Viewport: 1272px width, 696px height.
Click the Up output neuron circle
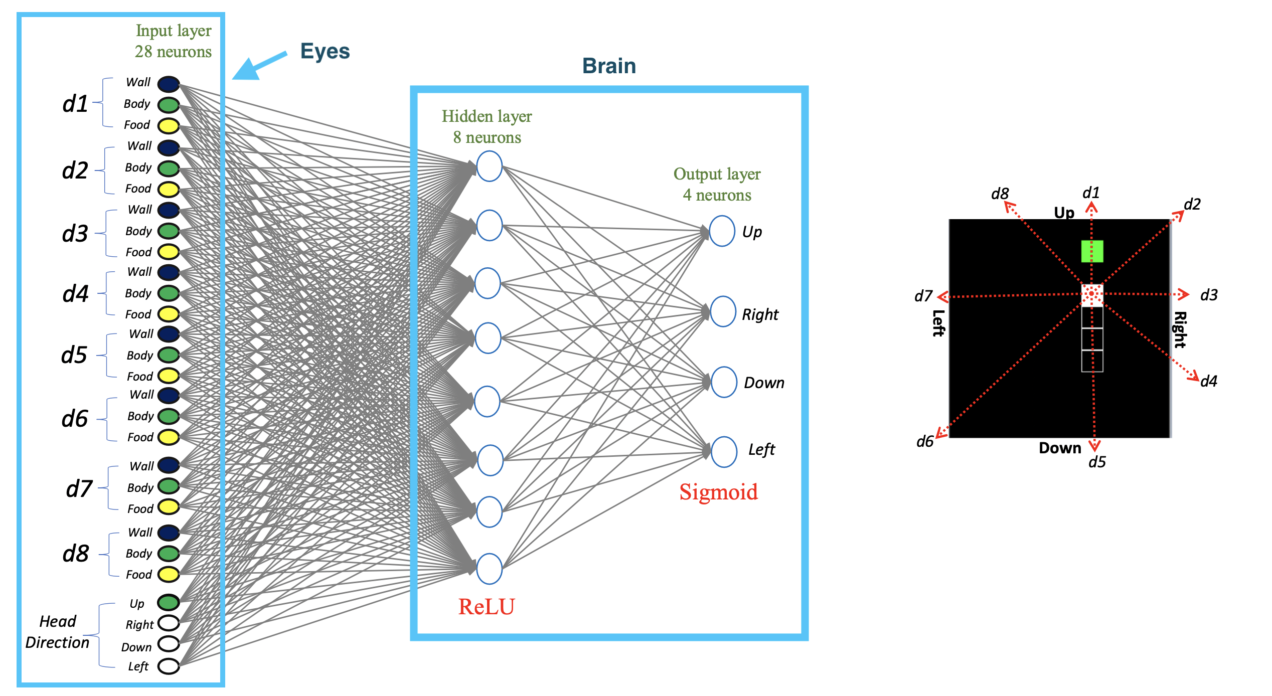[x=722, y=231]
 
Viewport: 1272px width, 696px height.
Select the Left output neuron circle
[x=723, y=452]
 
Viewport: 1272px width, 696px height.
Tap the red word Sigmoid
[x=718, y=492]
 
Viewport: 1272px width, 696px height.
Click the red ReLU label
[x=486, y=607]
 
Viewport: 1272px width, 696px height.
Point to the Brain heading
[x=609, y=66]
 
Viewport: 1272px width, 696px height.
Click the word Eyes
[x=325, y=51]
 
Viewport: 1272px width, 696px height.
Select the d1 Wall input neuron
[x=169, y=84]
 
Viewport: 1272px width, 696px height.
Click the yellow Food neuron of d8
[x=169, y=574]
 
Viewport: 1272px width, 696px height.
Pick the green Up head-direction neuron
[x=169, y=602]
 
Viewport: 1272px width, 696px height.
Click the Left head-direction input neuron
[x=169, y=666]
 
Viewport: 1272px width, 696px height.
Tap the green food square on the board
[x=1092, y=251]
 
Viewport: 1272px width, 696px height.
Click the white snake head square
[x=1092, y=295]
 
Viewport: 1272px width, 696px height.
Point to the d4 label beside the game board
[x=1209, y=381]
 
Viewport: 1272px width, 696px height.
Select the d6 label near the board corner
[x=925, y=441]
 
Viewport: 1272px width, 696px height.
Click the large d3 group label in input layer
[x=75, y=234]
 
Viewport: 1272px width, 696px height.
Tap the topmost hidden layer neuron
[x=489, y=166]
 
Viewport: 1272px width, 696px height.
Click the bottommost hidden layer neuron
[x=489, y=569]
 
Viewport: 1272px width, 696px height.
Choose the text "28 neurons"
[x=173, y=52]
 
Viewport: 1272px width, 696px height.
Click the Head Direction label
[x=57, y=632]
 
